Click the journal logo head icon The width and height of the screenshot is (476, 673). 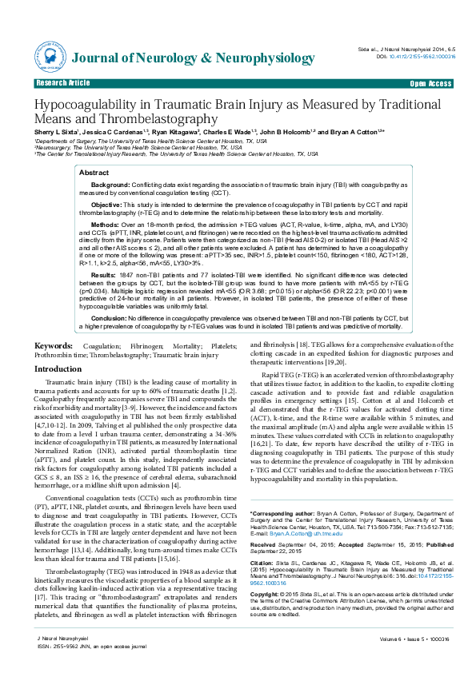click(x=54, y=58)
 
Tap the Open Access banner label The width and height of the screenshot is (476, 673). click(x=430, y=83)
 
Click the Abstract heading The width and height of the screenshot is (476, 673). click(x=95, y=173)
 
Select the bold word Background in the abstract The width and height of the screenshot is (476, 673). click(x=110, y=185)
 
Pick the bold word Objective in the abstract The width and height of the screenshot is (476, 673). click(x=106, y=205)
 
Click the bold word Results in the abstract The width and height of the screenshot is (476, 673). click(x=104, y=273)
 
